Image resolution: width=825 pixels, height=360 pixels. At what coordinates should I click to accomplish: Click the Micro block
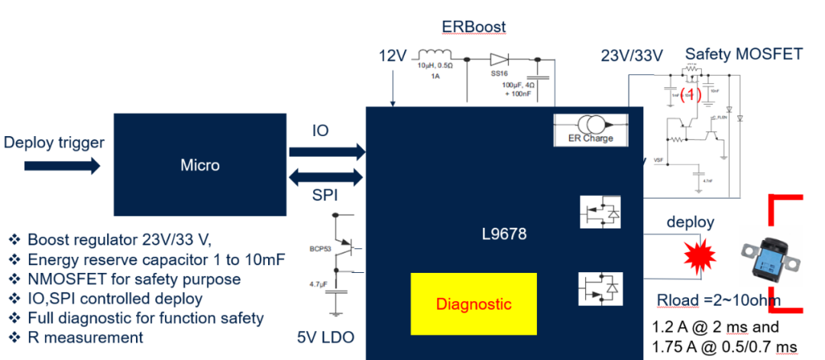(200, 165)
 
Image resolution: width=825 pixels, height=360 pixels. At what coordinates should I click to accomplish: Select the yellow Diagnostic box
(473, 303)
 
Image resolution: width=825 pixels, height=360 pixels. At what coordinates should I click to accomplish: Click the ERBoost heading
(473, 27)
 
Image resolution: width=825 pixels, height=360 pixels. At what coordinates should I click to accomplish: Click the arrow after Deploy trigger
(83, 164)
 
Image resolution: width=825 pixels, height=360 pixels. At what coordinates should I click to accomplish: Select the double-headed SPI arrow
(327, 178)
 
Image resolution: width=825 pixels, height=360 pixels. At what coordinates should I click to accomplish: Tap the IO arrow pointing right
(327, 151)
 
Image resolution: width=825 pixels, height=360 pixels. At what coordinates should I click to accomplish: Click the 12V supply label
(394, 57)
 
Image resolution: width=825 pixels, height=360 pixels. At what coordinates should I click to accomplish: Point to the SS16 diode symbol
(500, 59)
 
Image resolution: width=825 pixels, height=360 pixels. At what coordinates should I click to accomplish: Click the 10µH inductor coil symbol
(435, 55)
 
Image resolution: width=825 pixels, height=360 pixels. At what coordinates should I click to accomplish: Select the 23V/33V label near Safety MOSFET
(631, 55)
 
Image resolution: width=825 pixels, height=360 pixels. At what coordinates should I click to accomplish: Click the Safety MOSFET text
(743, 54)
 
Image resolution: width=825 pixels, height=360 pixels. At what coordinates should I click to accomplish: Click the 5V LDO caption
(327, 336)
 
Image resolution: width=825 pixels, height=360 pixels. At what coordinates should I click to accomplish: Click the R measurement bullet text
(85, 337)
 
